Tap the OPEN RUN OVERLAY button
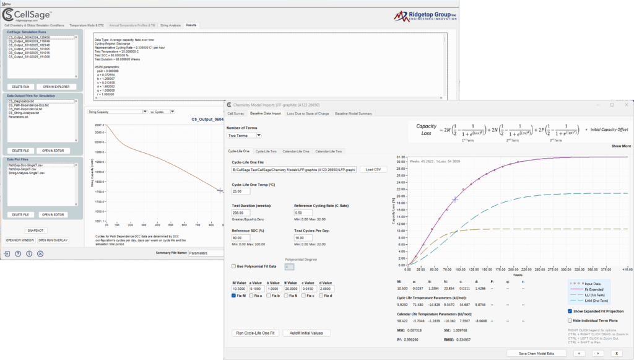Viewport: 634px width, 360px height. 53,240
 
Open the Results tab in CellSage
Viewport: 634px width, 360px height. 191,25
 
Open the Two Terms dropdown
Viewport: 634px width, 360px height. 245,135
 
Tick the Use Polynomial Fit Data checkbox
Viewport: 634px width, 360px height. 233,266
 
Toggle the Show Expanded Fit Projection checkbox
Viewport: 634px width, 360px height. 570,311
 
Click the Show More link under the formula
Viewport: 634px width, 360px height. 621,146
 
